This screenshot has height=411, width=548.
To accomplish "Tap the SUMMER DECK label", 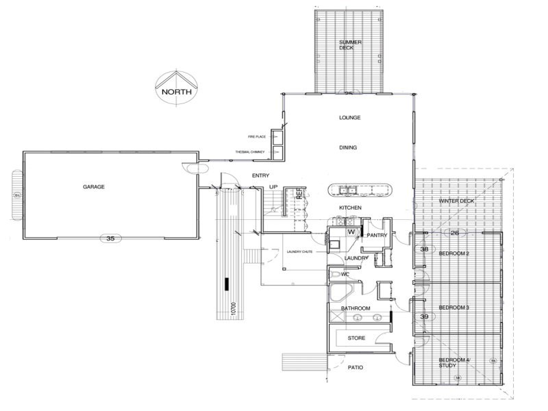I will point(349,45).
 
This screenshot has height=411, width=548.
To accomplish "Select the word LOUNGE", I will point(349,118).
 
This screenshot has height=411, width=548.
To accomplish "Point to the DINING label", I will point(348,147).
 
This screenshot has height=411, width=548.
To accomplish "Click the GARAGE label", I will point(94,186).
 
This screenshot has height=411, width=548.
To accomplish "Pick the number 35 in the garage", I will point(109,239).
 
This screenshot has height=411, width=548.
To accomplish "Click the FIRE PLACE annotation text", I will point(256,137).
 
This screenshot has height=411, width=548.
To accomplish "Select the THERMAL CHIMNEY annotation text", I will point(249,151).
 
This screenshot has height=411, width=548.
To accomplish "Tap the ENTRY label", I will point(260,176).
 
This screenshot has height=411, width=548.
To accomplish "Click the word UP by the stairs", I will point(273,186).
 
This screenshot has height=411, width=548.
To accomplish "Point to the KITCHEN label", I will point(350,208).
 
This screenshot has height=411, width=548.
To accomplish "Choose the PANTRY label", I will point(377,236).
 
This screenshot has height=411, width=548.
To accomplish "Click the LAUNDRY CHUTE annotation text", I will point(300,252).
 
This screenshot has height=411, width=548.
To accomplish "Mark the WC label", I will point(346,275).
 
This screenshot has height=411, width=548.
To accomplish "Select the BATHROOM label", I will point(356,309).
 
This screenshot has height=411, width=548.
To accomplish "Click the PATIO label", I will point(356,368).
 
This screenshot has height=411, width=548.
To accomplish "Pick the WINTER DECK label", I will point(456,201).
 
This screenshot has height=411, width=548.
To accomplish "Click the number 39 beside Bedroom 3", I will point(424,316).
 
